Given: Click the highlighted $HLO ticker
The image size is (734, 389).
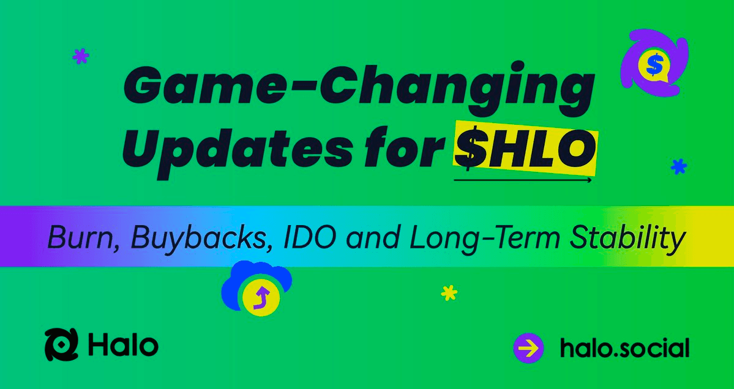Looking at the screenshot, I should click(x=525, y=149).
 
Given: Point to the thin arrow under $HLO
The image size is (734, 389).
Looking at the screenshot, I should click(x=523, y=180).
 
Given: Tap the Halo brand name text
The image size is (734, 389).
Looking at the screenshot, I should click(x=123, y=345).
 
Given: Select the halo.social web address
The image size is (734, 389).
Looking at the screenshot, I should click(x=624, y=348).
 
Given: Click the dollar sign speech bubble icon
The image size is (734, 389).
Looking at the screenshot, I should click(x=654, y=63).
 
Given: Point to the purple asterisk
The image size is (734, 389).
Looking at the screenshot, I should click(x=81, y=57).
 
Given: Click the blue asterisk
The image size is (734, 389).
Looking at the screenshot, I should click(x=678, y=166).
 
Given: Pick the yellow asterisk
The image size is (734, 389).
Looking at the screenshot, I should click(x=449, y=294).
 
